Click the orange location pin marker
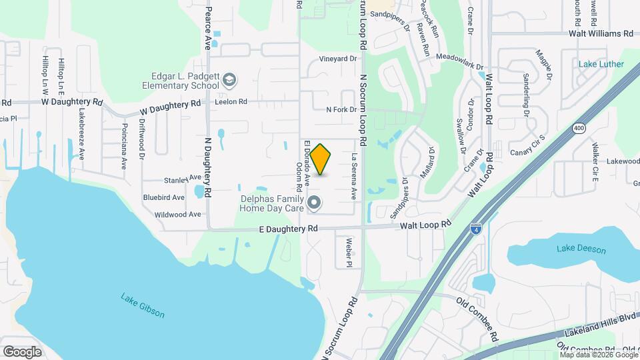click(321, 159)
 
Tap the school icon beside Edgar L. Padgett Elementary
click(229, 81)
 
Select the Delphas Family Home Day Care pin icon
click(315, 201)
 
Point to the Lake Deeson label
click(581, 249)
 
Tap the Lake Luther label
click(601, 65)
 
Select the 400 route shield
click(577, 128)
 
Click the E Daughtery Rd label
click(289, 229)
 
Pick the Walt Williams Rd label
click(600, 33)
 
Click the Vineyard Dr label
click(338, 59)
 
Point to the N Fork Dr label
click(341, 110)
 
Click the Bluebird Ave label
click(164, 198)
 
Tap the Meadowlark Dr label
click(459, 58)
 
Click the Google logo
click(22, 351)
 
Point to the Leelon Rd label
click(231, 103)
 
